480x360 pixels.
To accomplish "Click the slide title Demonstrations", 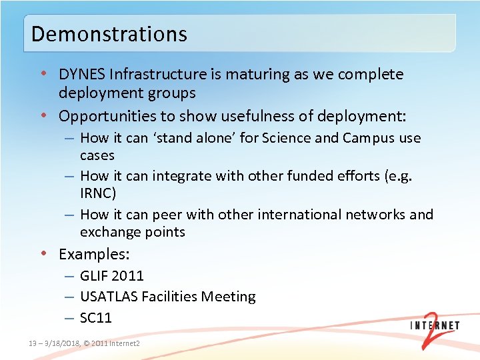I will [109, 33].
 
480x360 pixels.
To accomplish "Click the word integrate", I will [181, 176].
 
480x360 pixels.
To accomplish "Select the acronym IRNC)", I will [97, 193].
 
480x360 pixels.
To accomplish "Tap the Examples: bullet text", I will [94, 254].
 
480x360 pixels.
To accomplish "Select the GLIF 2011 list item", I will [111, 275].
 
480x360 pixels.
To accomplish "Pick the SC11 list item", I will [95, 318].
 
